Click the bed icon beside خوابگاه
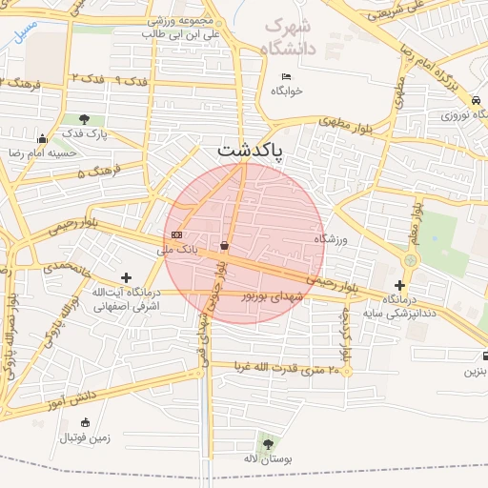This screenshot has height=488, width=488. (x=285, y=76)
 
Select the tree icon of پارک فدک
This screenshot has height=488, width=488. (x=85, y=119)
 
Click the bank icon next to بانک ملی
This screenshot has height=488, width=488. (x=176, y=234)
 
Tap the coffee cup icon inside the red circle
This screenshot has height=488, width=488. (x=224, y=246)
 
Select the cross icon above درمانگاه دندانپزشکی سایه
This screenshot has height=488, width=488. (x=399, y=285)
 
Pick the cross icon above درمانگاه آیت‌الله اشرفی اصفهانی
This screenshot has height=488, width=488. (x=126, y=277)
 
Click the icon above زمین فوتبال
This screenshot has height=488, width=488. (x=86, y=422)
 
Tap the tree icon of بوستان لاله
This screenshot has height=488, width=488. (x=266, y=443)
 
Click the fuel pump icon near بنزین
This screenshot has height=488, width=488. (x=484, y=357)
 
